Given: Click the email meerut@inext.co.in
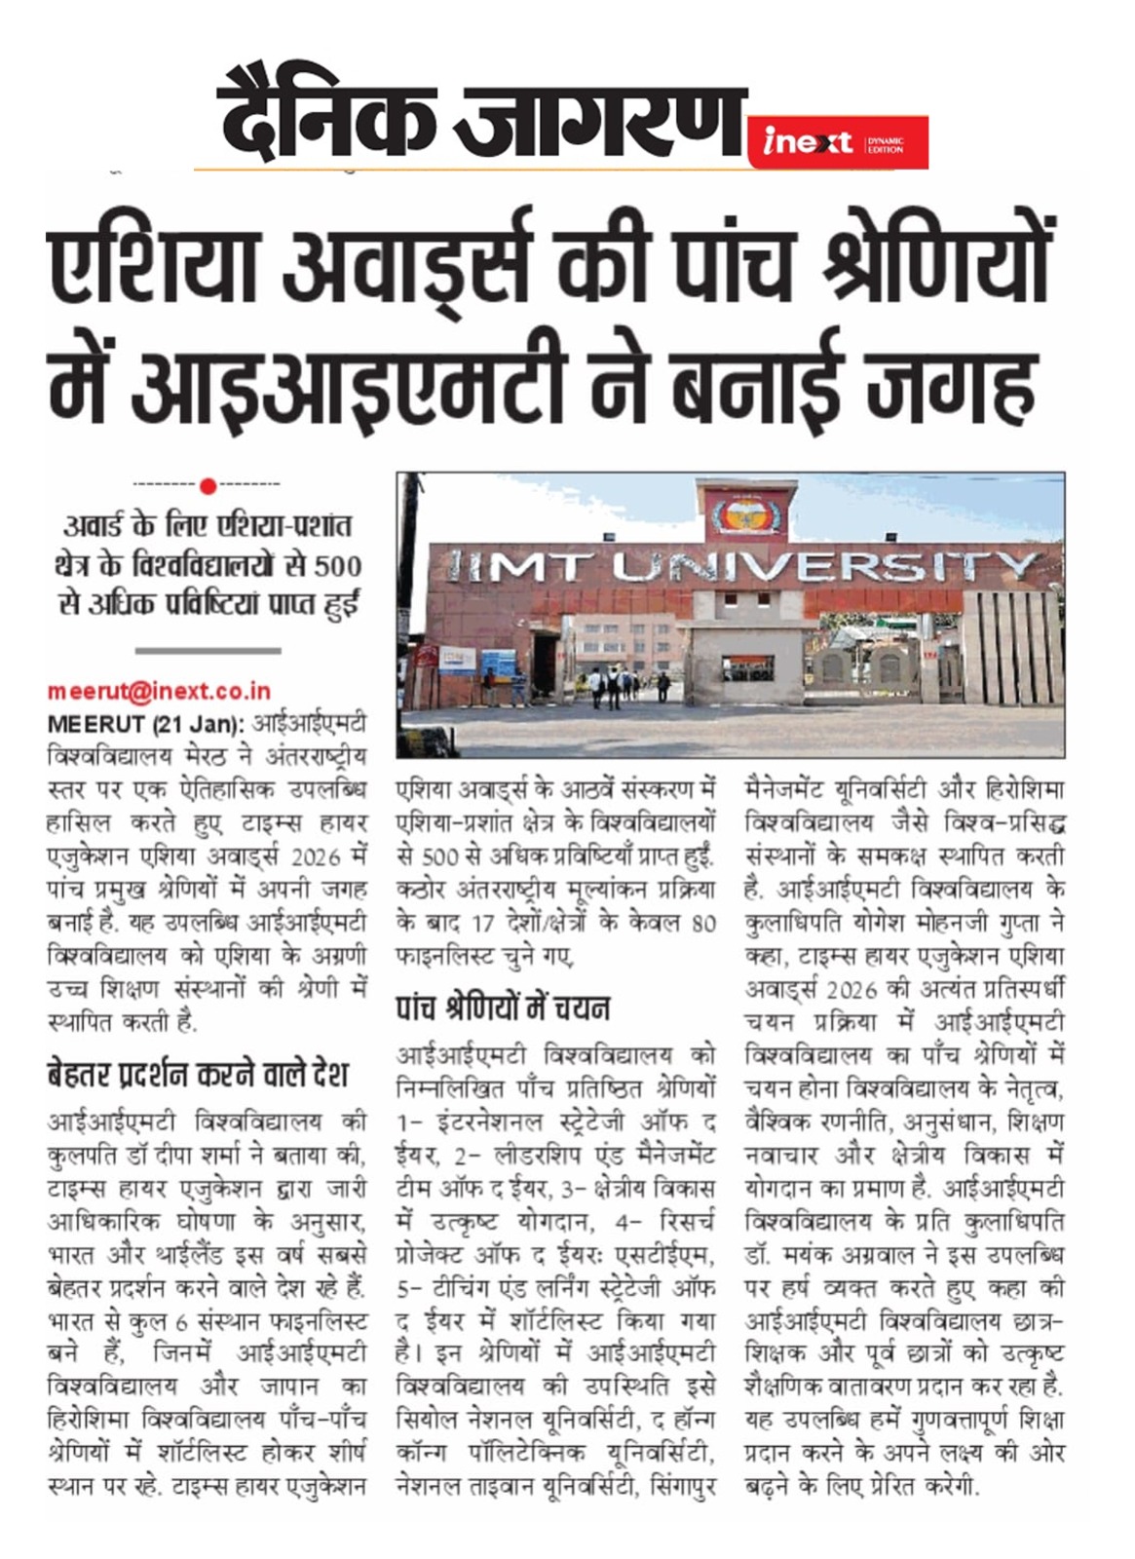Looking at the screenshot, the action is click(159, 692).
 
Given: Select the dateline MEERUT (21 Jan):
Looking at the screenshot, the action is click(145, 725).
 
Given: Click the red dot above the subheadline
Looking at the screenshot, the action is click(207, 484).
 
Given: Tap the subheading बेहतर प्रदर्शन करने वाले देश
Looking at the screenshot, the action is click(198, 1076).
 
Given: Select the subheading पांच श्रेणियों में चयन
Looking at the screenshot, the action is click(503, 1008).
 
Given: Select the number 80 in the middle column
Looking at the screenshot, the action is click(702, 923).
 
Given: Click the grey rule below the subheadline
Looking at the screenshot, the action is click(208, 650).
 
